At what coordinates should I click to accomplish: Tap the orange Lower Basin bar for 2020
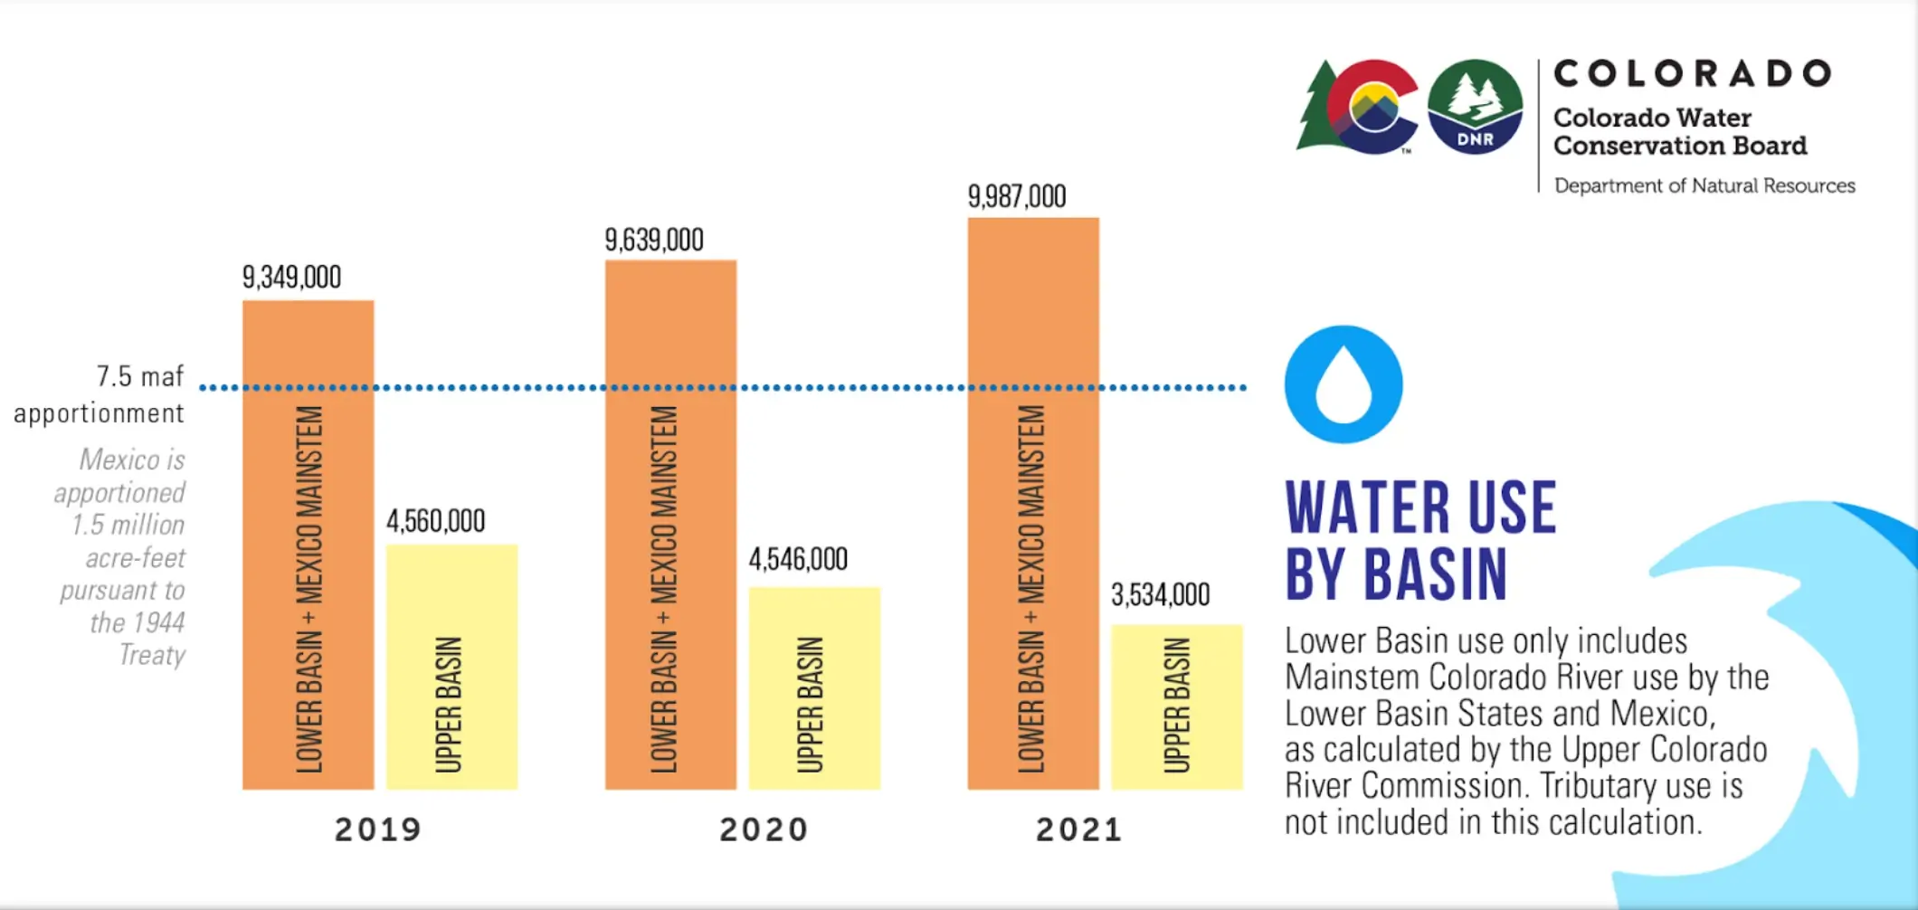click(x=670, y=525)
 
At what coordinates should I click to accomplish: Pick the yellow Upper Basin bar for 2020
click(x=814, y=688)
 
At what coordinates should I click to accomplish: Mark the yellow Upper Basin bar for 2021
click(x=1176, y=706)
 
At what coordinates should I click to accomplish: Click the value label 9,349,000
click(x=291, y=277)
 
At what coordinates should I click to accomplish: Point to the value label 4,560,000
click(x=436, y=521)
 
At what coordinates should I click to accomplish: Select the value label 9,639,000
click(x=654, y=240)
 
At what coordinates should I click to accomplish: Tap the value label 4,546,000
click(x=798, y=559)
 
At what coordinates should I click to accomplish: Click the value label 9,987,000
click(x=1017, y=196)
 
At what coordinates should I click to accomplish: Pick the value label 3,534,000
click(x=1160, y=595)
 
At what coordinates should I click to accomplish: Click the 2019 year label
click(x=378, y=829)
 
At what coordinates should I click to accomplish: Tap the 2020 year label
click(x=764, y=829)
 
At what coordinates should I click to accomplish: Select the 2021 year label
click(x=1079, y=829)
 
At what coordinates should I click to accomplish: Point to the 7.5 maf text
click(x=140, y=376)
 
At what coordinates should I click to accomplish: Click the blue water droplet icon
click(x=1344, y=384)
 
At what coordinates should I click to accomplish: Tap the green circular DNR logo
click(x=1475, y=107)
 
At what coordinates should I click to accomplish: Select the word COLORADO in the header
click(x=1693, y=73)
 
